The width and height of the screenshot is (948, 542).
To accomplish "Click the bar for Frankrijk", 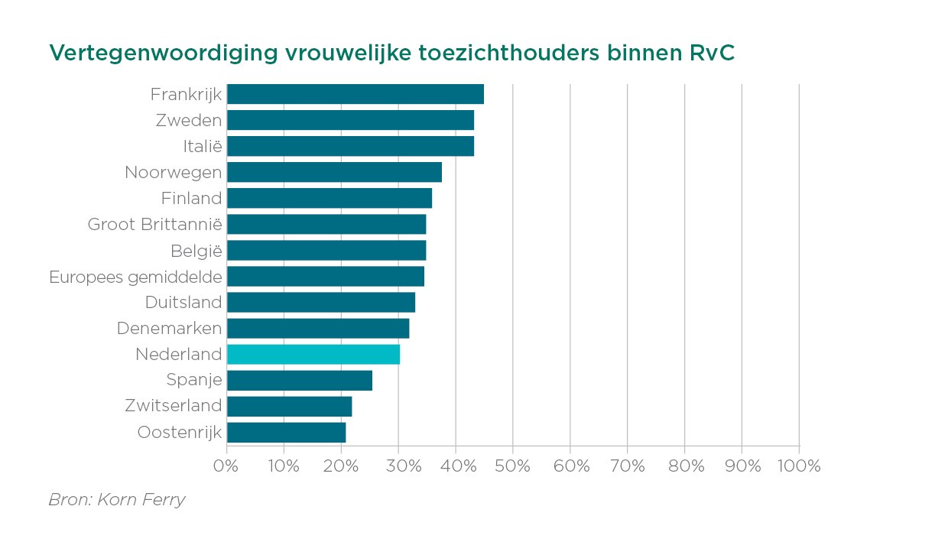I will tap(355, 94).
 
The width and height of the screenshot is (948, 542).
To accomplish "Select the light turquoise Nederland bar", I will tap(313, 354).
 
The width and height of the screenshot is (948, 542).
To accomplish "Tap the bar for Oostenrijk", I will tap(287, 433).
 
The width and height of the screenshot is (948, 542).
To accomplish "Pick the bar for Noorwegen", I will tap(334, 172).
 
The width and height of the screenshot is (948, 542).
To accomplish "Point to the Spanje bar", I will tap(300, 380).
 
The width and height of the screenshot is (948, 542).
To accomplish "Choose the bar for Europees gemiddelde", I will tap(326, 276).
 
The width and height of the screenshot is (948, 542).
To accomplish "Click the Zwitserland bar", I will tap(290, 406).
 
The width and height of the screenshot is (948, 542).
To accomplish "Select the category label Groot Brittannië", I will tap(154, 225).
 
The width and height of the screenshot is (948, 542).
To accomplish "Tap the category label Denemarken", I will tap(169, 329).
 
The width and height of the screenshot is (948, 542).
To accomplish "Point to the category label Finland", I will tap(191, 199).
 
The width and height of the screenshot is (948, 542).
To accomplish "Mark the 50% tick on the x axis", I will tap(513, 466).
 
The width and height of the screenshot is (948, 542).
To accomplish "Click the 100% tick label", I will tap(799, 466).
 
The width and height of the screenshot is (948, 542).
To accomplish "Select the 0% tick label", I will tap(227, 466).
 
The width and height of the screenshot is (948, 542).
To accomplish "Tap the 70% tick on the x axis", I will tap(627, 466).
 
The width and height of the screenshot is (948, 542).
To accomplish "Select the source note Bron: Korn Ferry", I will tap(117, 500).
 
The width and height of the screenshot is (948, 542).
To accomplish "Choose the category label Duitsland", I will tap(183, 303).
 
